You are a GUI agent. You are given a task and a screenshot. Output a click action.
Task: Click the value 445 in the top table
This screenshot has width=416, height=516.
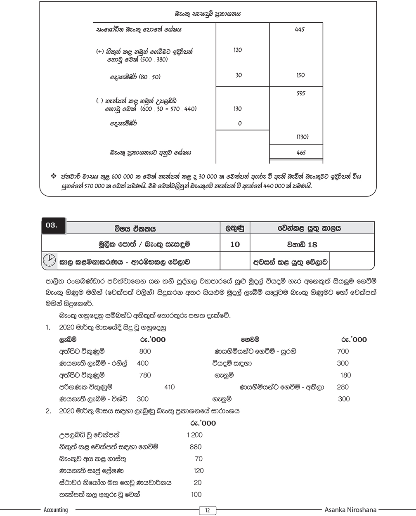pos(300,30)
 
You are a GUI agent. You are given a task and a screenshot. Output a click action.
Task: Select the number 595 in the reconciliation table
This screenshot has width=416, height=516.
pos(301,93)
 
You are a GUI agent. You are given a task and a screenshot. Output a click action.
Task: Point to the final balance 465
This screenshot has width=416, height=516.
pos(301,153)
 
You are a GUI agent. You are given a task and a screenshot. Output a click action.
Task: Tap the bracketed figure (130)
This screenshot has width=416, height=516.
pos(302,137)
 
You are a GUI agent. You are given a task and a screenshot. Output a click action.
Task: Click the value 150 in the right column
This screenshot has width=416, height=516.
pos(300,75)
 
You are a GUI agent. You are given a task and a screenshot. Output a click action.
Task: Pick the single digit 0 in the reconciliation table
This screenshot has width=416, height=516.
pos(240,123)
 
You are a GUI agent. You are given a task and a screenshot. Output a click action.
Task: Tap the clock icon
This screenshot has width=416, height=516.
pos(49,260)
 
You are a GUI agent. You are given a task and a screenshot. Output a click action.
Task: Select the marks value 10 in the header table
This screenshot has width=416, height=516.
pos(234,244)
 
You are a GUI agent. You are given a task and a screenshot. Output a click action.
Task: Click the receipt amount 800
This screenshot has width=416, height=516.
pos(145,351)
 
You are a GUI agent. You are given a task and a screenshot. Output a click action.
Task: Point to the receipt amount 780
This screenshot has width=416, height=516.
pos(145,375)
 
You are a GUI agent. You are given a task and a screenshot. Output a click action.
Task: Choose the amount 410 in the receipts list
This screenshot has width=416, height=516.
pos(169,387)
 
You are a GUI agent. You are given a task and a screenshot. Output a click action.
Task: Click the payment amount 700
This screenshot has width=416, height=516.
pos(343,351)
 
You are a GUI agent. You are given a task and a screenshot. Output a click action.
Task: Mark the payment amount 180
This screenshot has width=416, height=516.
pos(345,375)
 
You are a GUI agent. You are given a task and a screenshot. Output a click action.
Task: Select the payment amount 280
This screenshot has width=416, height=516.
pos(343,387)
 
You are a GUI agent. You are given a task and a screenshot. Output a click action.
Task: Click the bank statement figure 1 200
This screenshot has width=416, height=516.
pos(195,435)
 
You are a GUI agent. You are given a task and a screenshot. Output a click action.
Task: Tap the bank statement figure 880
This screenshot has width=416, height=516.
pos(196,447)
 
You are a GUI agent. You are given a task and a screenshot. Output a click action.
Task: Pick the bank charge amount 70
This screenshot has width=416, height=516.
pos(199,459)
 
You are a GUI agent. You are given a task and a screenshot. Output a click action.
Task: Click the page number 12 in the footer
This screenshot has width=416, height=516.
pos(208,511)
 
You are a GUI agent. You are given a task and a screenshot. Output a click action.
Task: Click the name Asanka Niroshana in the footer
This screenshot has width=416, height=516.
pos(350,510)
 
